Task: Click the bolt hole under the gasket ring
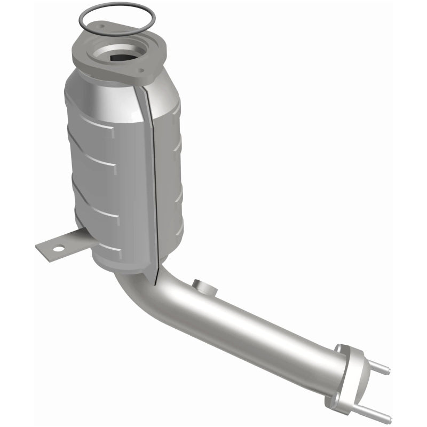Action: point(99,26)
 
